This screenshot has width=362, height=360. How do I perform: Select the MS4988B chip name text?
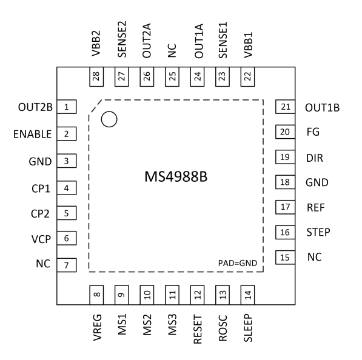tap(176, 177)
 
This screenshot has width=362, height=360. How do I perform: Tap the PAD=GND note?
tap(238, 263)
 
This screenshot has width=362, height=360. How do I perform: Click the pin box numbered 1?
tap(67, 107)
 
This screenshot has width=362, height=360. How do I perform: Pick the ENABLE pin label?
tap(33, 134)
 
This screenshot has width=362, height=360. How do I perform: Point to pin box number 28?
tap(96, 76)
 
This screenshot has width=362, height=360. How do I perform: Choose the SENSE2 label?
tap(122, 39)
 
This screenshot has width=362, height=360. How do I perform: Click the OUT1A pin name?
tap(199, 41)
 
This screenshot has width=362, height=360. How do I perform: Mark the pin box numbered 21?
tap(286, 107)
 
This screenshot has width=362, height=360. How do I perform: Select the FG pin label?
tap(313, 132)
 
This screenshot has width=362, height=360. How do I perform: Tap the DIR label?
tap(315, 158)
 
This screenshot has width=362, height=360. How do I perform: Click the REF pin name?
tap(315, 207)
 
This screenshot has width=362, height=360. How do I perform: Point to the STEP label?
tap(318, 232)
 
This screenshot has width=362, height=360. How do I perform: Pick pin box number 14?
tap(248, 295)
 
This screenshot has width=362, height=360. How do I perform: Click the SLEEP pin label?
tap(248, 328)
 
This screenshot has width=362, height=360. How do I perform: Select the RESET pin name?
tap(198, 329)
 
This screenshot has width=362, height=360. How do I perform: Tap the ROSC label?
tap(223, 328)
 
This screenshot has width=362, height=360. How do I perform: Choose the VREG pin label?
tap(97, 327)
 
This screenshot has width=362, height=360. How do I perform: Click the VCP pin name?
tap(41, 239)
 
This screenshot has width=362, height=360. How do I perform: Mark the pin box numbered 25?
tap(172, 76)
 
